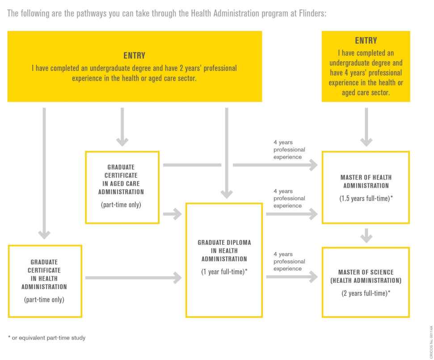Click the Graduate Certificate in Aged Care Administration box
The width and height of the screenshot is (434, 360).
[x=122, y=187]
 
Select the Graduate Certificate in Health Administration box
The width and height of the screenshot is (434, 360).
[x=45, y=280]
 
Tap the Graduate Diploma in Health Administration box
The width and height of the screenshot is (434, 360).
[x=224, y=259]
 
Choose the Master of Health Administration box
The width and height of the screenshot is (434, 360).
[x=366, y=187]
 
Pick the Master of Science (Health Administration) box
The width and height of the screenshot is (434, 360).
[x=366, y=281]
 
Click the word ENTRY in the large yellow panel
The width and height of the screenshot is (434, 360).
[x=135, y=56]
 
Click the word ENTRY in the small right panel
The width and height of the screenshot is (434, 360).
[x=366, y=41]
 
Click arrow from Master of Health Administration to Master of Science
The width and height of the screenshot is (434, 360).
[x=366, y=235]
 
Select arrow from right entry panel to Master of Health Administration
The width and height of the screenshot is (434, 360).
[x=366, y=127]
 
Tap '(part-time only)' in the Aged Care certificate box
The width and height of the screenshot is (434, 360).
[x=122, y=205]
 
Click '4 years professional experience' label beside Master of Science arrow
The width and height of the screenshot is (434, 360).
[x=289, y=261]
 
